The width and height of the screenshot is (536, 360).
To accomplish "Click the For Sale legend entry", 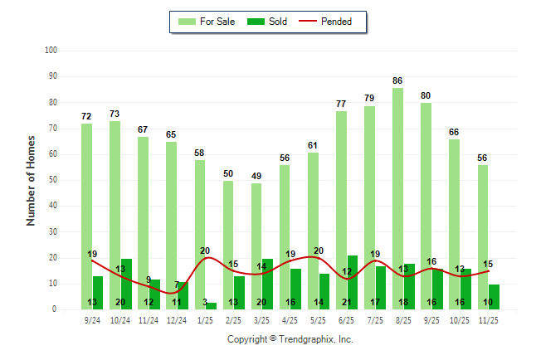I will click(x=206, y=22).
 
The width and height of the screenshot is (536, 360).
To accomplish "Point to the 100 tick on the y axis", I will click(x=51, y=51).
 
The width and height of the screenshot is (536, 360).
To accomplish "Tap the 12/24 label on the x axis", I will click(x=177, y=319).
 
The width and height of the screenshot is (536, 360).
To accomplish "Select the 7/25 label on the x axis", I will click(x=375, y=319).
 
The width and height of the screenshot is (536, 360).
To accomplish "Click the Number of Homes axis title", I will click(x=32, y=180).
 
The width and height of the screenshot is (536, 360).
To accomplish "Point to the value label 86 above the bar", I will click(x=398, y=80).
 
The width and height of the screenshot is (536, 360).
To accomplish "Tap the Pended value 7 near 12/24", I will click(x=177, y=285).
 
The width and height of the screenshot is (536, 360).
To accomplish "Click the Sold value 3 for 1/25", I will click(x=205, y=303).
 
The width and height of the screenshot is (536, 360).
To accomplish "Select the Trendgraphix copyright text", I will click(x=290, y=339).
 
